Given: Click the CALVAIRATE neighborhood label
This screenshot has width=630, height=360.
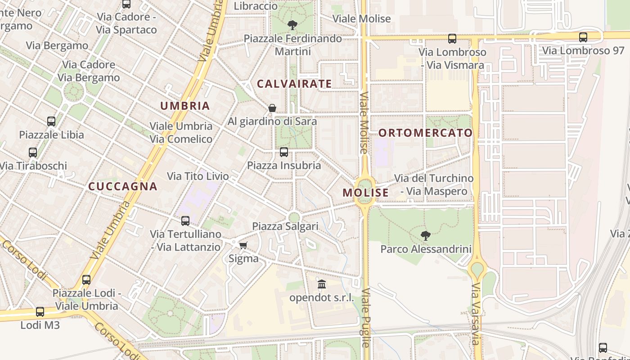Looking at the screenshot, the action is click(294, 84).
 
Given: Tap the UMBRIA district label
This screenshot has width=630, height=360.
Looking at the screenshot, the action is click(185, 106).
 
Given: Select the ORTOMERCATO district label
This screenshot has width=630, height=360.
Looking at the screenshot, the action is click(425, 133).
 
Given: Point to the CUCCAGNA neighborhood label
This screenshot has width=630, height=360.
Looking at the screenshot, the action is click(123, 186).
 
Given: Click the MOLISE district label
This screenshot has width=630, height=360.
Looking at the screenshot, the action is click(365, 193).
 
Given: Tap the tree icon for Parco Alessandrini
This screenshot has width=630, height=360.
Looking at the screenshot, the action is click(425, 235).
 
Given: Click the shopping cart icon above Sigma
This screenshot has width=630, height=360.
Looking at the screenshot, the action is click(243, 245).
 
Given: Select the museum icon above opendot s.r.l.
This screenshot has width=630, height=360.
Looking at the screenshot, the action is click(321, 284).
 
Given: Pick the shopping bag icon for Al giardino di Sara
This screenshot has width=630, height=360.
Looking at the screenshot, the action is click(272, 108).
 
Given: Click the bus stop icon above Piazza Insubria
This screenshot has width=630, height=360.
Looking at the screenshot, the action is click(284, 152).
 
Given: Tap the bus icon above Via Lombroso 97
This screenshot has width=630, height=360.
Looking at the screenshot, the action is click(583, 37).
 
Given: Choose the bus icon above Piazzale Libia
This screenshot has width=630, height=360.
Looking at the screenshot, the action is click(51, 121).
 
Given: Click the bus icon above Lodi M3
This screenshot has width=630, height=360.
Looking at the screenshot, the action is click(40, 311).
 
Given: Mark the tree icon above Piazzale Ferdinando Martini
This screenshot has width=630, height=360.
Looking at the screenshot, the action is click(292, 25).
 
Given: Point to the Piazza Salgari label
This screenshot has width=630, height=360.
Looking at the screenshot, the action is click(285, 226).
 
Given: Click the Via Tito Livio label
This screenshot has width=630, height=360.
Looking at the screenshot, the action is click(198, 176).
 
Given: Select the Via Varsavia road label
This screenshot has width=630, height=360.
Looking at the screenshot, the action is click(476, 314).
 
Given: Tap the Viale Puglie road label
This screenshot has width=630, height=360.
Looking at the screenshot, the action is click(365, 317).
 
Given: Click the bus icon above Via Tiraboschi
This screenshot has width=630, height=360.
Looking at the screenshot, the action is click(33, 153).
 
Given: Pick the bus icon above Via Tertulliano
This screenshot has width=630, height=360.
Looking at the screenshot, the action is click(185, 221).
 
